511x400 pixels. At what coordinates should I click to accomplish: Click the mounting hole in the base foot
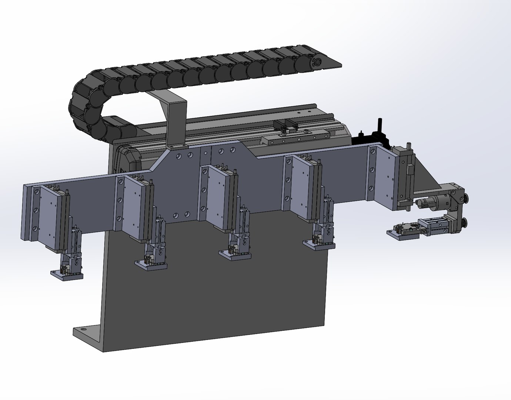click(82, 329)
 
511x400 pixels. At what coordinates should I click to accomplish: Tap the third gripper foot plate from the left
click(235, 256)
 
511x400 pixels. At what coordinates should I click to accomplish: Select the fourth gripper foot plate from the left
click(318, 245)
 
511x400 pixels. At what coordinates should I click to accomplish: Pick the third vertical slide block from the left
click(217, 196)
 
